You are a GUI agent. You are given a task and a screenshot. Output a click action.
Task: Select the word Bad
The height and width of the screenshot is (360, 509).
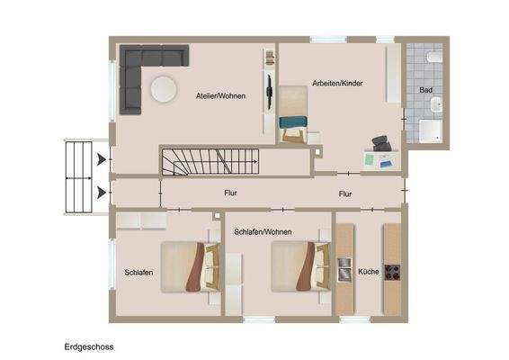point(425,90)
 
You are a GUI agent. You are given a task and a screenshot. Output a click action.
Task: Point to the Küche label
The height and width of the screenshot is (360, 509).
point(369,271)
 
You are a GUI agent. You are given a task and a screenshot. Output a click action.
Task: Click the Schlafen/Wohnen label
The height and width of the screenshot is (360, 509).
point(260,232)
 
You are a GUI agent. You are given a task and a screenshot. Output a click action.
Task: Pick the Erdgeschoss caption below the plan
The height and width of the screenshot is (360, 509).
point(89,346)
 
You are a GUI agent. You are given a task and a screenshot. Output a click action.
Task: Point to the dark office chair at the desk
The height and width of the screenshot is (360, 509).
point(381,142)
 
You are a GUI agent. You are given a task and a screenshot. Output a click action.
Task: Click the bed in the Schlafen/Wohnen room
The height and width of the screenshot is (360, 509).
point(294,266)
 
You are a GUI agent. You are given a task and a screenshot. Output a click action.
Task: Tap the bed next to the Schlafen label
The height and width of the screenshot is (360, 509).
point(185,266)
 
